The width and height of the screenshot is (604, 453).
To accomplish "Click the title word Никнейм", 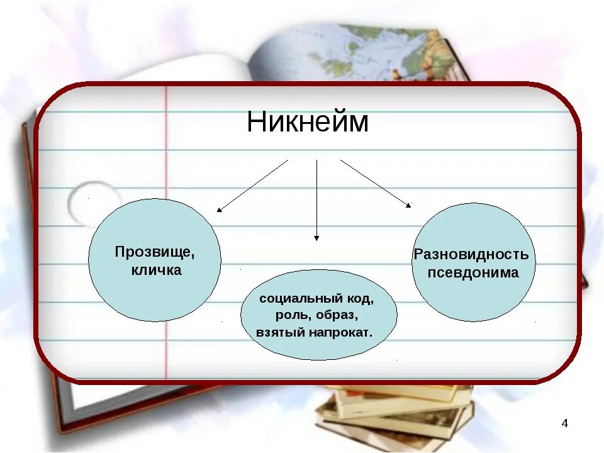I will (x=307, y=122).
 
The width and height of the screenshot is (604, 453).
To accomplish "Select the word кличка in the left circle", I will (x=156, y=271).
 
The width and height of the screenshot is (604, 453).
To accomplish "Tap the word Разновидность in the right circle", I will (x=471, y=255).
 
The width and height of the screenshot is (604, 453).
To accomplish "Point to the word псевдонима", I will (x=473, y=273).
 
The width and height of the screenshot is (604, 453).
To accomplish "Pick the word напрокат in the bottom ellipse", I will (x=340, y=332).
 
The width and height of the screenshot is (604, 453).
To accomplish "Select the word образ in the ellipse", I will (x=338, y=315).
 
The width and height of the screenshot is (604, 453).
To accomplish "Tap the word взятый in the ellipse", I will (x=281, y=332).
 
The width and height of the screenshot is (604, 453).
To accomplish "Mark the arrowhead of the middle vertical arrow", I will (x=316, y=238).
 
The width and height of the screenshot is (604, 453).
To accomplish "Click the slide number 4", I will (x=564, y=423).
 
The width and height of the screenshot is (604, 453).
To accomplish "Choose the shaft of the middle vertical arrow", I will (x=316, y=195).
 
